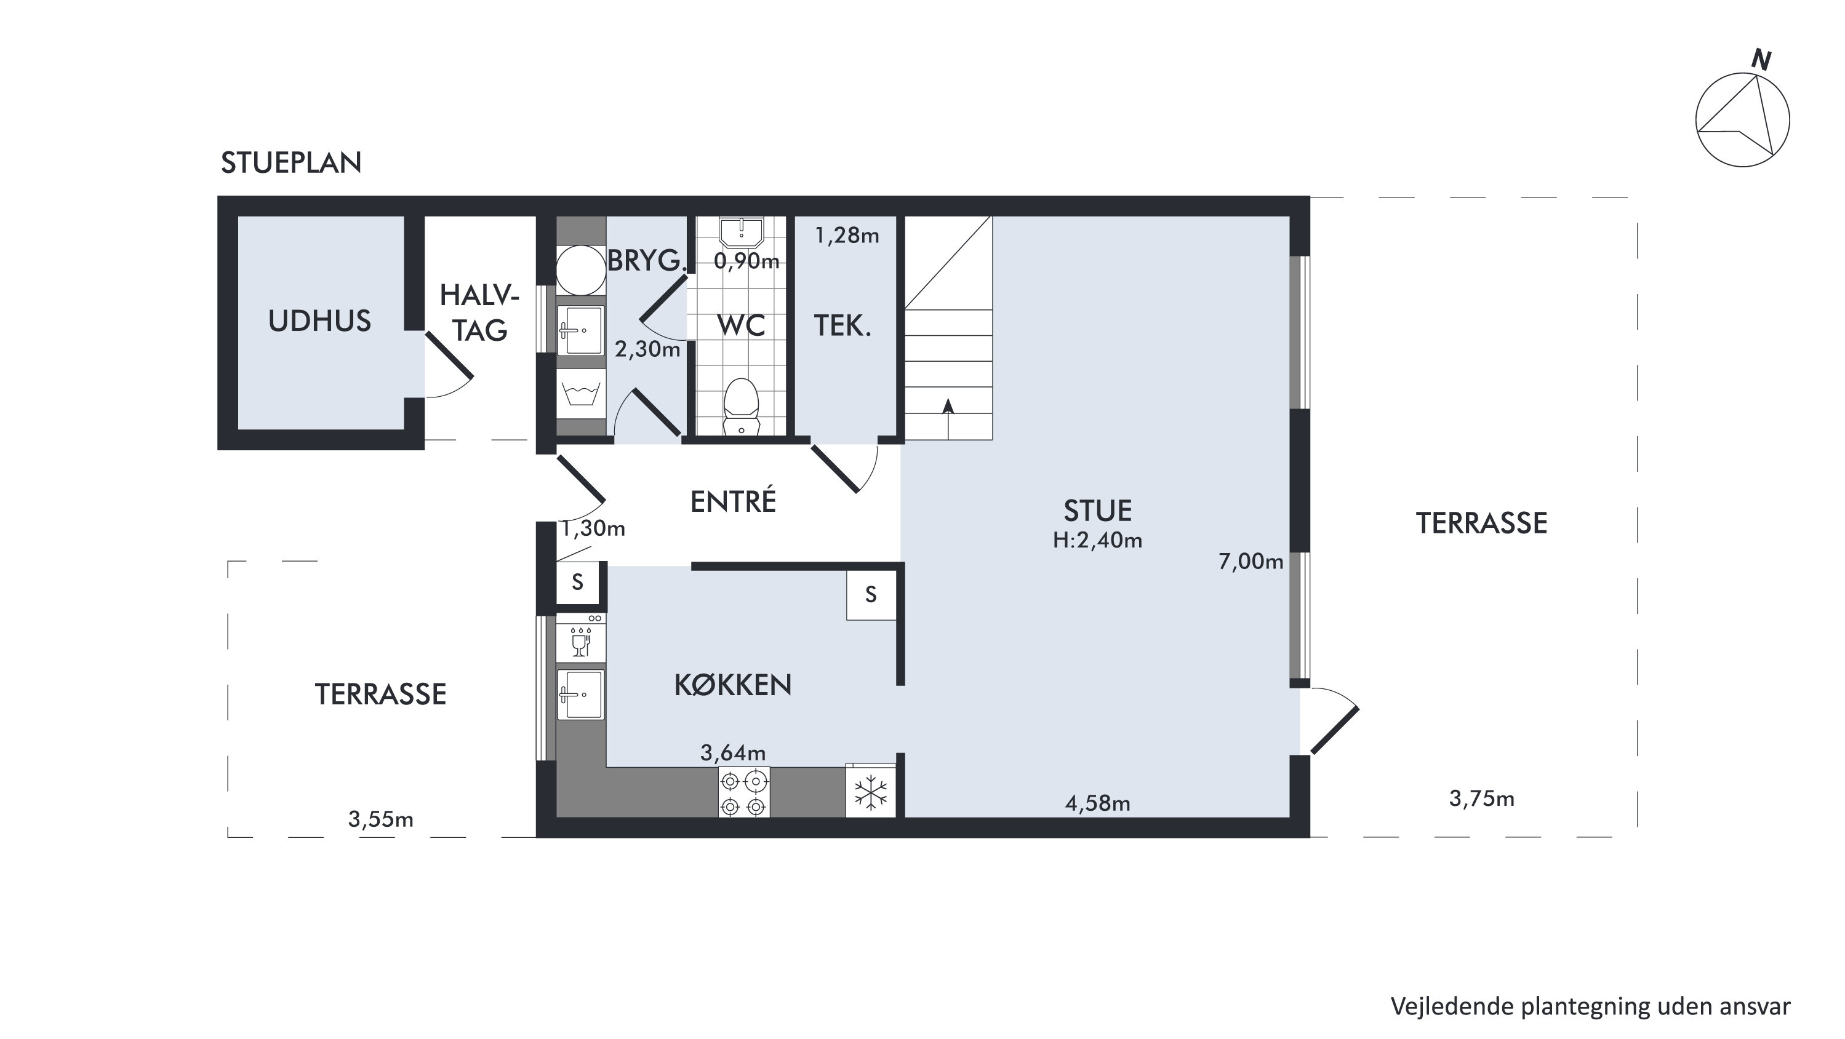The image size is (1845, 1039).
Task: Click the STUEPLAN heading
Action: pyautogui.click(x=291, y=163)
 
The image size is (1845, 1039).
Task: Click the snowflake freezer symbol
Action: pyautogui.click(x=871, y=793)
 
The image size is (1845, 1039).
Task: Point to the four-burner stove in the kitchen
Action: pyautogui.click(x=744, y=792)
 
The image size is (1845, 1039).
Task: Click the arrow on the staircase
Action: pyautogui.click(x=948, y=418)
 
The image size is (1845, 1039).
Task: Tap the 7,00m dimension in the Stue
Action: pyautogui.click(x=1251, y=562)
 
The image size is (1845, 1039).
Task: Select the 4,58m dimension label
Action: pyautogui.click(x=1097, y=803)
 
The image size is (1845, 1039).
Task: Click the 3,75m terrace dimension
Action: pyautogui.click(x=1481, y=798)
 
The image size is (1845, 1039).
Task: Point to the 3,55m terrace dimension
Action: pyautogui.click(x=380, y=819)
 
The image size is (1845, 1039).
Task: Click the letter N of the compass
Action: pyautogui.click(x=1761, y=60)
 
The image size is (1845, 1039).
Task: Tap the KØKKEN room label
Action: pyautogui.click(x=733, y=685)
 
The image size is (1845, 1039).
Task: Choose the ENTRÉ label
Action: pyautogui.click(x=733, y=501)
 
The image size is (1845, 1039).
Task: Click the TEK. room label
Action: pyautogui.click(x=842, y=326)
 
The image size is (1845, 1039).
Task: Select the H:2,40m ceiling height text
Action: pyautogui.click(x=1097, y=540)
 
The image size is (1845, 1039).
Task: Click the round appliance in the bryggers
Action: pyautogui.click(x=581, y=270)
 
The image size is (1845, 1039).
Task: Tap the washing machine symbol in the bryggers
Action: pyautogui.click(x=581, y=394)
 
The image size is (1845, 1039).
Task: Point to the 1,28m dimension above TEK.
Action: pyautogui.click(x=847, y=236)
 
